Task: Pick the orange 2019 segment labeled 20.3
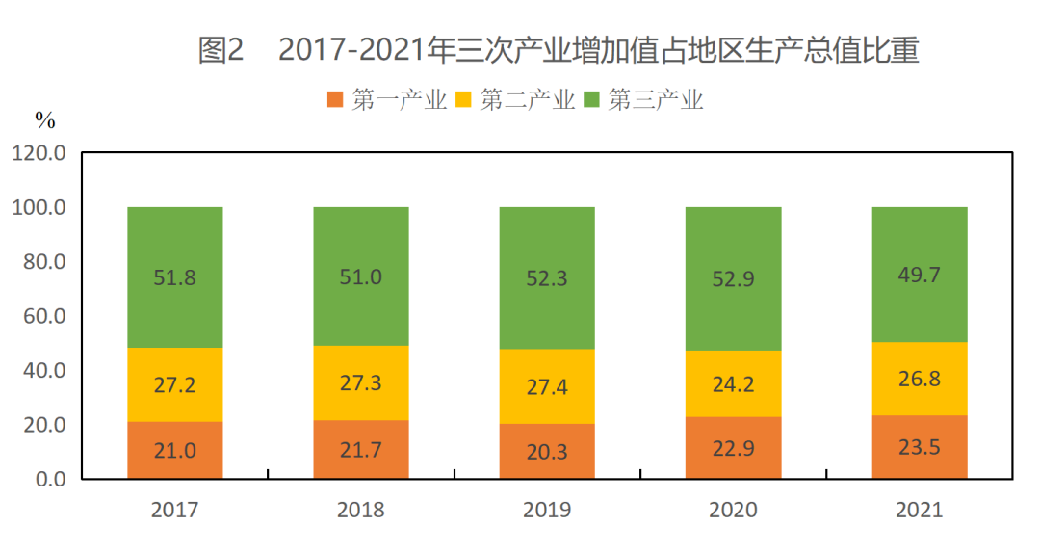point(547,451)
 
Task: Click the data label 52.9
point(733,280)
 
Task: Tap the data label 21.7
point(361,450)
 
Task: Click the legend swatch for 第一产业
point(336,99)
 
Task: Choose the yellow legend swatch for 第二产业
point(464,99)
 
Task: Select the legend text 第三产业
point(656,99)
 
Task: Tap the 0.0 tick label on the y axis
point(47,479)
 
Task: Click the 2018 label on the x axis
point(361,510)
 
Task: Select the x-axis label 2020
point(733,510)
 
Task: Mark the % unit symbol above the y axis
point(45,121)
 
